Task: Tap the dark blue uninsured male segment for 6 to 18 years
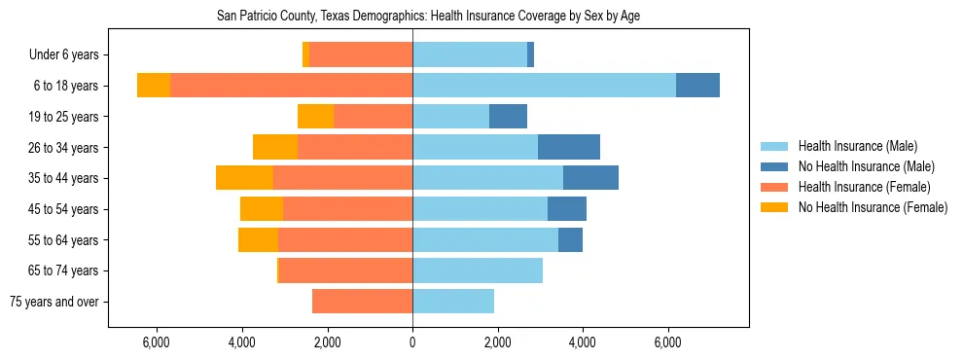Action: [x=697, y=86]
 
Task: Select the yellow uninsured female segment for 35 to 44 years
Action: [x=244, y=178]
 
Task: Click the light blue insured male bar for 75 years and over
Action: [x=453, y=302]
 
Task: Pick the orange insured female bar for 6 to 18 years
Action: [x=291, y=86]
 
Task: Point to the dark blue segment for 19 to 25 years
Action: [x=508, y=117]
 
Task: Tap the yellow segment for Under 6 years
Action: [x=305, y=54]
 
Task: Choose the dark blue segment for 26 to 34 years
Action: [x=568, y=147]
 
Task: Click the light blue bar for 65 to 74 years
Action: [x=478, y=270]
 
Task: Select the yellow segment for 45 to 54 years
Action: [x=262, y=209]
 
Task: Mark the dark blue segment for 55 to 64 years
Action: [x=570, y=240]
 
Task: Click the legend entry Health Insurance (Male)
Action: [x=857, y=146]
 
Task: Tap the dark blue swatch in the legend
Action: [x=774, y=166]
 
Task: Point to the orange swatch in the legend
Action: [x=774, y=187]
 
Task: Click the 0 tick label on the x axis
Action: [x=412, y=342]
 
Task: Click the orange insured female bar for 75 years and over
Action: [x=362, y=302]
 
